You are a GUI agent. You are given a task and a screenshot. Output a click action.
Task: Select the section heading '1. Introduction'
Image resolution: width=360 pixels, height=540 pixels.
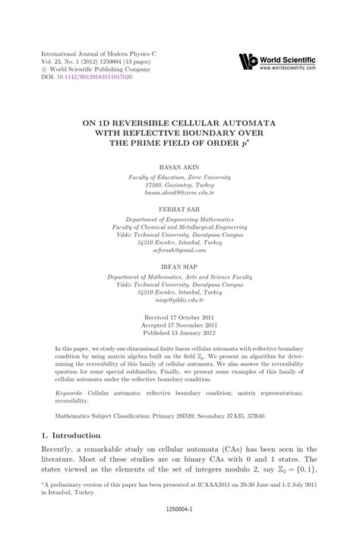(x=70, y=435)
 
